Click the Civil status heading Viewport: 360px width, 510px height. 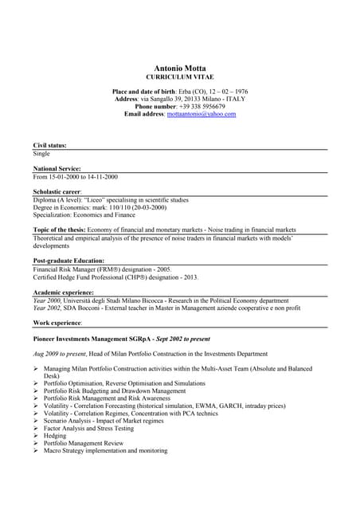[x=49, y=146]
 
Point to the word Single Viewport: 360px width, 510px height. [x=41, y=154]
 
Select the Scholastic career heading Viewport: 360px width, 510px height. [x=58, y=192]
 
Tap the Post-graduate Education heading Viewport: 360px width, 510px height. [x=68, y=261]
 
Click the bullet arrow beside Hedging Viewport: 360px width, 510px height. [x=37, y=436]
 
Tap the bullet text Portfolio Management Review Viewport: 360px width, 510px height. [x=84, y=443]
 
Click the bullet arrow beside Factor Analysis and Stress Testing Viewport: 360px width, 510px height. [x=37, y=428]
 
